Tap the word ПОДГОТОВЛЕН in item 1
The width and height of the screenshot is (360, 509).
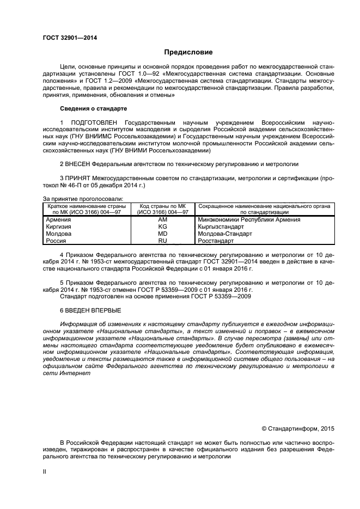pos(94,124)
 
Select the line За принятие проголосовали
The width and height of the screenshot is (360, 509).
pos(82,198)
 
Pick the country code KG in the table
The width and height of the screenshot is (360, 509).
pos(162,226)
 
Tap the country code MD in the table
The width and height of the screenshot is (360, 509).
pos(162,234)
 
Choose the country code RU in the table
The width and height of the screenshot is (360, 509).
pos(162,241)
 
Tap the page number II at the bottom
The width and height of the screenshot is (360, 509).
pos(45,473)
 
